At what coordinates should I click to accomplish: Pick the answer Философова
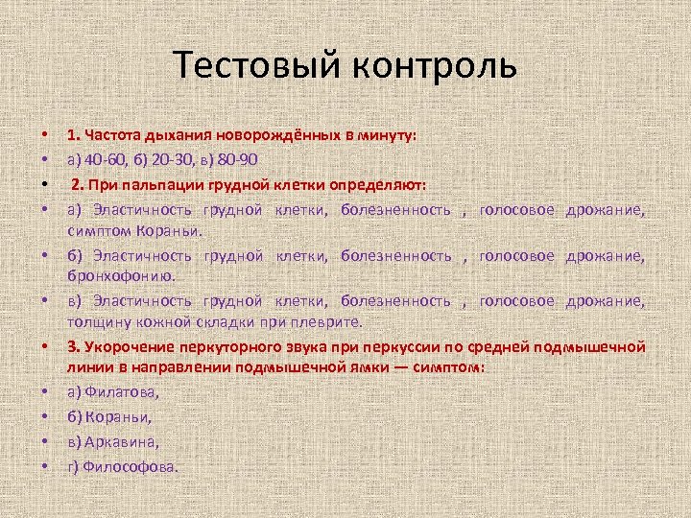[131, 466]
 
